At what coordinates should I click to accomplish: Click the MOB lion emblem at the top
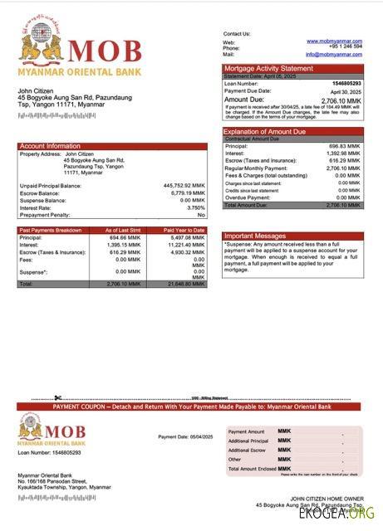[37, 46]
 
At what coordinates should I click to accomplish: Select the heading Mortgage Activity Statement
[268, 68]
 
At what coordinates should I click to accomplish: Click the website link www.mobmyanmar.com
[334, 41]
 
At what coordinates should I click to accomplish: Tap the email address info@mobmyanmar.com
[334, 54]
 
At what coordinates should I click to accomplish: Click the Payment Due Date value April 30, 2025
[346, 91]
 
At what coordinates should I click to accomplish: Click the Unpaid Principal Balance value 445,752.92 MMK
[184, 186]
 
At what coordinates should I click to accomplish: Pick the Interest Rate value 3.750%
[195, 207]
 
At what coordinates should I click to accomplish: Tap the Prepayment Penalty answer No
[200, 215]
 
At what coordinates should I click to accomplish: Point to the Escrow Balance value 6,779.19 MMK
[187, 193]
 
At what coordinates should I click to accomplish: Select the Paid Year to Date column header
[181, 229]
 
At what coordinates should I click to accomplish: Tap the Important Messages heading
[254, 236]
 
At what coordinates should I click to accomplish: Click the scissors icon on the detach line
[58, 397]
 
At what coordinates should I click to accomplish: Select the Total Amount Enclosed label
[252, 469]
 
